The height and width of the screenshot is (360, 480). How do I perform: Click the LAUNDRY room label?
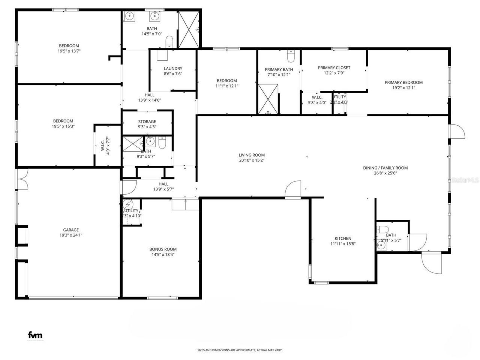point(173,69)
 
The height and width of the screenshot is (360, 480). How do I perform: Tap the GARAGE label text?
point(70,230)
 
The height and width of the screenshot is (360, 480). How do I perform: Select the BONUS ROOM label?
point(163,249)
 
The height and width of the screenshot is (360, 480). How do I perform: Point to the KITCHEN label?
point(343,238)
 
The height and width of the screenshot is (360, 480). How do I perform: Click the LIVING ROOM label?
point(252,155)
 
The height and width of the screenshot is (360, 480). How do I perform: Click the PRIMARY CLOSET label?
point(334,68)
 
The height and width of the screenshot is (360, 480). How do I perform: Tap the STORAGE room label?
point(147,122)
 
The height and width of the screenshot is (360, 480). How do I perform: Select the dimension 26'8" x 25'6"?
point(385,173)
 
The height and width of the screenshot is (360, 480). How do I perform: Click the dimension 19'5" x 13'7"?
point(69,51)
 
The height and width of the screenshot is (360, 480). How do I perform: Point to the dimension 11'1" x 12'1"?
point(226,86)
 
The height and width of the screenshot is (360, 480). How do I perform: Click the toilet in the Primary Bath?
point(291,57)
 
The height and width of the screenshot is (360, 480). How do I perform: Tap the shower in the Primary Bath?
point(268,99)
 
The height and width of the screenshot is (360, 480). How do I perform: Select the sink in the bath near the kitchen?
point(381,246)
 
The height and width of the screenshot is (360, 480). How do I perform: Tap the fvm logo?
point(35,335)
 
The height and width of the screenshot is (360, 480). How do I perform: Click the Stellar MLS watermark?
point(465,180)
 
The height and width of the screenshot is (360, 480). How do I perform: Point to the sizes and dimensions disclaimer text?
point(240,350)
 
